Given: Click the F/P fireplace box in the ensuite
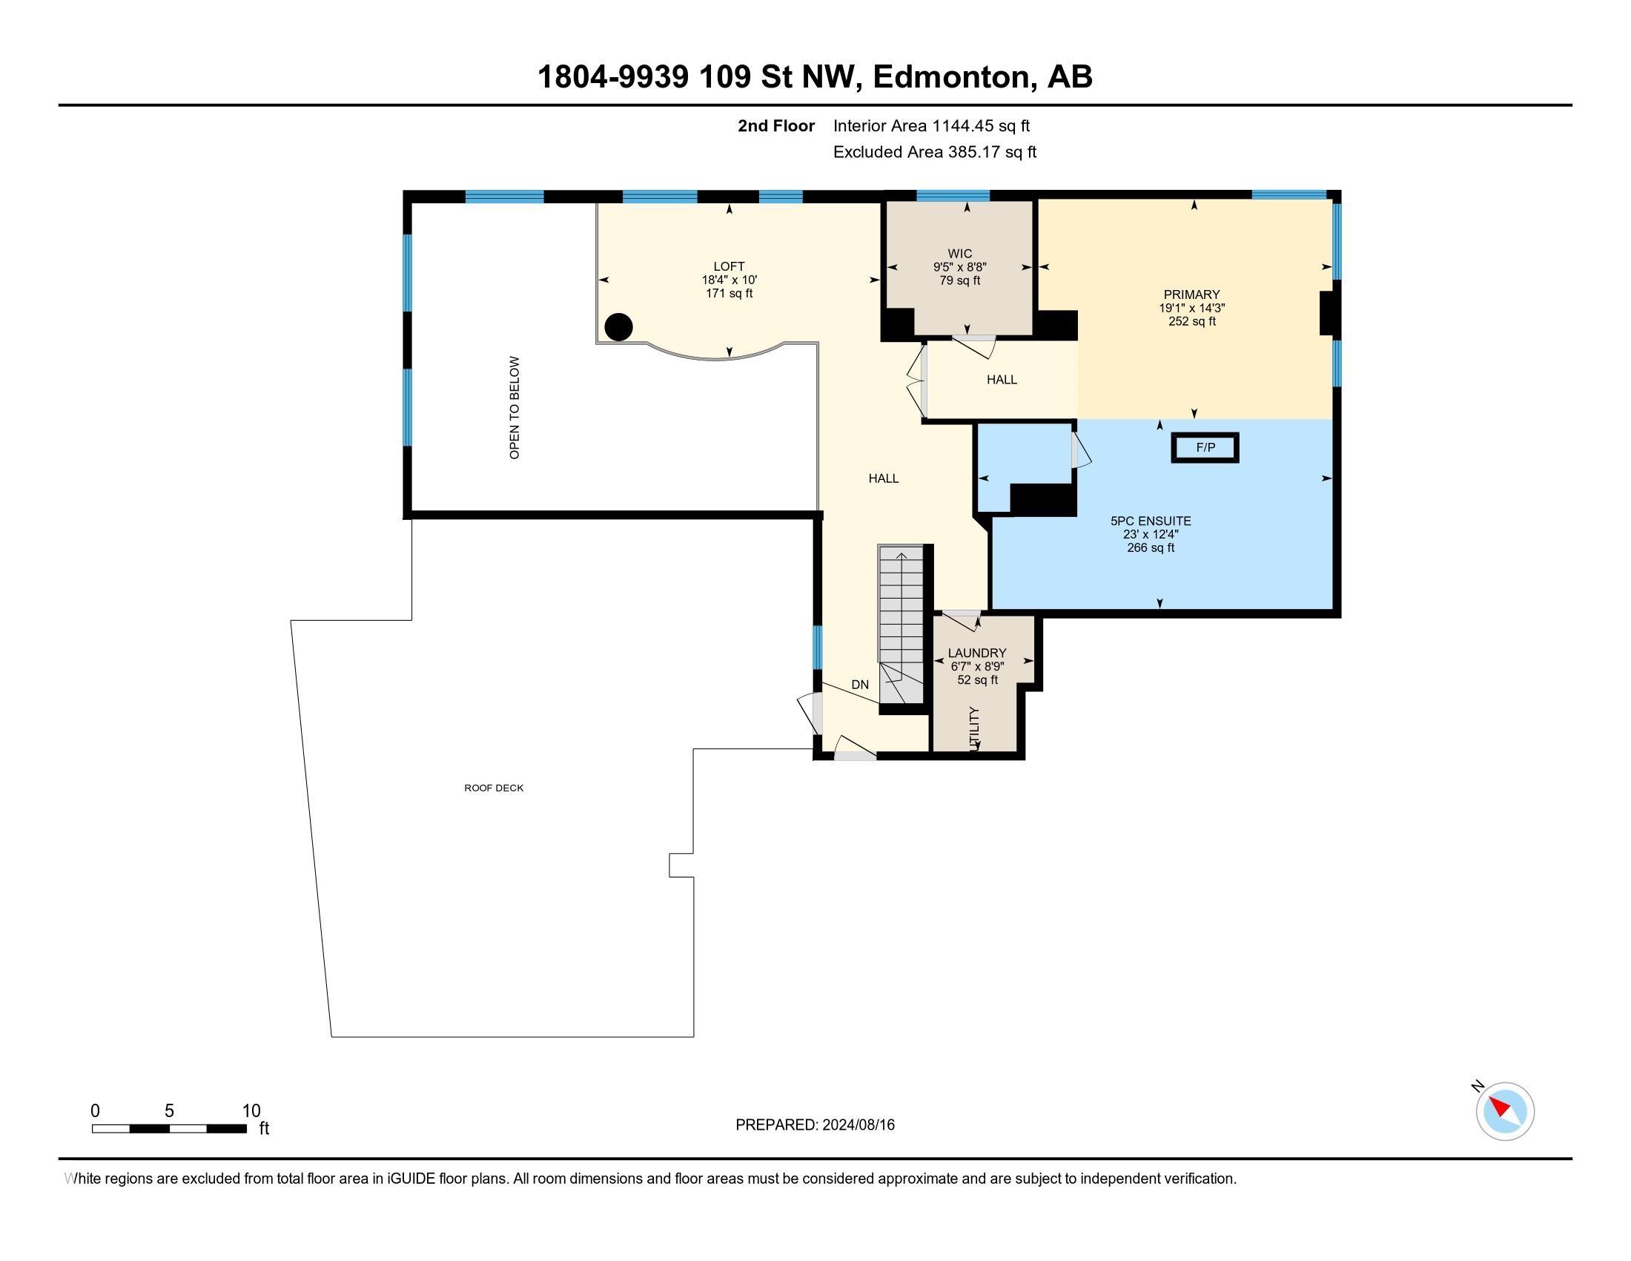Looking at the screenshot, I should tap(1205, 447).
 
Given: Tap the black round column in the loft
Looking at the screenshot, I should tap(618, 326).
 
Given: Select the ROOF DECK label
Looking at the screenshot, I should tap(494, 788).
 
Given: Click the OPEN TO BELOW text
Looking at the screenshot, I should tap(515, 407).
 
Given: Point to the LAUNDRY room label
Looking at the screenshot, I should tap(977, 653).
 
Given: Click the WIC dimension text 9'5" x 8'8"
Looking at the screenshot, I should tap(959, 267).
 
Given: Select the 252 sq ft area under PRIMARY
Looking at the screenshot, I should tap(1192, 321).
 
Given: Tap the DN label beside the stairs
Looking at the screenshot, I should tap(859, 685).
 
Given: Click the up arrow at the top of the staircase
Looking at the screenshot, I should tap(901, 555).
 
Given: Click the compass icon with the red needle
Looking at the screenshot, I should tap(1504, 1112).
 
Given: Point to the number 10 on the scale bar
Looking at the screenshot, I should tap(251, 1111).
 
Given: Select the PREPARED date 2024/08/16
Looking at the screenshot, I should tap(858, 1125).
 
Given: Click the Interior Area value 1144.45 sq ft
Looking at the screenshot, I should tap(981, 125).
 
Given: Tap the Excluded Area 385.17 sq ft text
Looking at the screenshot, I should tap(934, 151).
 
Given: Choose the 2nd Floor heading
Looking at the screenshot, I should tap(776, 125).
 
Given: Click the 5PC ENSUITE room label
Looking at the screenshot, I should tap(1150, 521).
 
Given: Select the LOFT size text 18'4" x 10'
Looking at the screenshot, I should tap(729, 280).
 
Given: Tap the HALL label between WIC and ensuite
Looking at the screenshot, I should tap(1002, 380).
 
